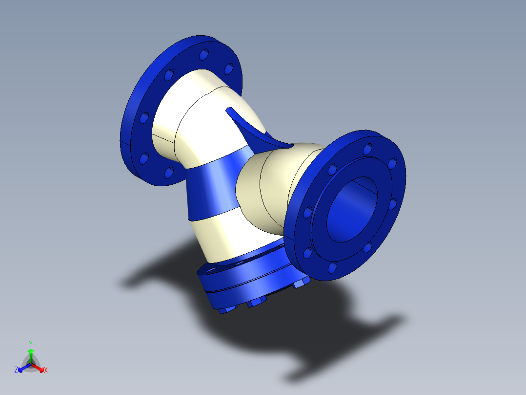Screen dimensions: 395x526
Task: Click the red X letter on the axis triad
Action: pyautogui.click(x=46, y=370)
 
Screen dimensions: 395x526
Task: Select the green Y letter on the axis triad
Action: pyautogui.click(x=30, y=343)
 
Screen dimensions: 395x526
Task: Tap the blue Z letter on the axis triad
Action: pyautogui.click(x=16, y=370)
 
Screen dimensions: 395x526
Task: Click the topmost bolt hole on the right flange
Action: pyautogui.click(x=367, y=147)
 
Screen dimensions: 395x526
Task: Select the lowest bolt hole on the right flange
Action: pyautogui.click(x=332, y=267)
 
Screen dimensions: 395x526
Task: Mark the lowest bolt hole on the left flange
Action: pyautogui.click(x=168, y=172)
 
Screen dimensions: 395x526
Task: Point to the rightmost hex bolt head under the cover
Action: pyautogui.click(x=299, y=284)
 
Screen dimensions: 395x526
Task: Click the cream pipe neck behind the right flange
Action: pyautogui.click(x=268, y=191)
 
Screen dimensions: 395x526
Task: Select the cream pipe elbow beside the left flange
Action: pyautogui.click(x=195, y=112)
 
